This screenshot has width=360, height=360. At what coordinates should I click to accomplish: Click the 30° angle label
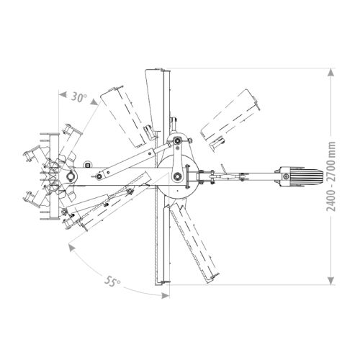(79, 97)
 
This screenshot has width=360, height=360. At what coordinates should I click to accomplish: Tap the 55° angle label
(112, 281)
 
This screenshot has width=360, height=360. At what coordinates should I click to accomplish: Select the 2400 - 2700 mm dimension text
(331, 176)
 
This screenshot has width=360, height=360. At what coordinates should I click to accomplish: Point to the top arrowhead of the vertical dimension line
(331, 72)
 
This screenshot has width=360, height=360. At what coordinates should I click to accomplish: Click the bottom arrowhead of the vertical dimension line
(331, 281)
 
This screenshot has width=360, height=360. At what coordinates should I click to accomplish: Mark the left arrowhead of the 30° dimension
(63, 94)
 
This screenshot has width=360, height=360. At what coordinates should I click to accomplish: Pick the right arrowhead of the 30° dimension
(94, 102)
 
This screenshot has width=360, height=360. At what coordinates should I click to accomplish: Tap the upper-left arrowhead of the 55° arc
(71, 248)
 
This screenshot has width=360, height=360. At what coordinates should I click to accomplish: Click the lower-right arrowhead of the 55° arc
(165, 296)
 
